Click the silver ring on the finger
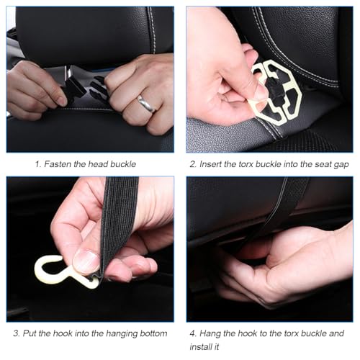(x=145, y=104)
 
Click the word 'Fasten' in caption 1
(x=58, y=164)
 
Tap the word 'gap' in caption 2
(x=341, y=165)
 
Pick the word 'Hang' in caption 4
(x=210, y=334)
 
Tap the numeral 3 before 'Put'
(x=17, y=333)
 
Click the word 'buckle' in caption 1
(x=123, y=164)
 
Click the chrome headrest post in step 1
(x=68, y=71)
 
